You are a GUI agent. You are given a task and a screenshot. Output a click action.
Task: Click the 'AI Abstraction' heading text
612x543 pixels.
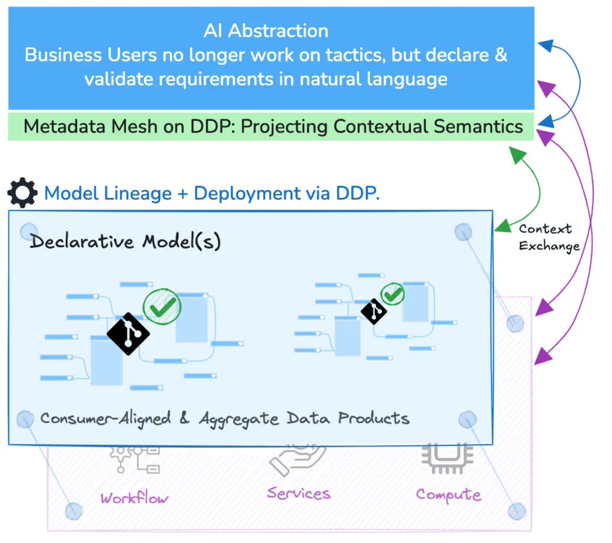coord(266,30)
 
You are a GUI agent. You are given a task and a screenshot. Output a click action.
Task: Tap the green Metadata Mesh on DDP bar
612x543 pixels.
coord(271,126)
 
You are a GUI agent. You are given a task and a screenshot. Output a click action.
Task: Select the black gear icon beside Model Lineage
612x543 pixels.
coord(22,193)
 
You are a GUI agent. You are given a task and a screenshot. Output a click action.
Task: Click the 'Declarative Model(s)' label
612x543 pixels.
coord(125,242)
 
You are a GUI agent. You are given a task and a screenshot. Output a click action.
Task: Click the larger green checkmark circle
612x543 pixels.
coord(162,306)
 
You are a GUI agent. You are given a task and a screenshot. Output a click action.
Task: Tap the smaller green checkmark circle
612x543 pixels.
coord(392,294)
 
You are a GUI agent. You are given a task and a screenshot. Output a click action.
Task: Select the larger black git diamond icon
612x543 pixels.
coord(129,334)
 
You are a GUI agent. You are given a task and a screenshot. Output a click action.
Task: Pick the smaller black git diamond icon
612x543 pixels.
coord(374,311)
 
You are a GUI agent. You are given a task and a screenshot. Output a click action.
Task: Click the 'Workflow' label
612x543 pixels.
coord(134,498)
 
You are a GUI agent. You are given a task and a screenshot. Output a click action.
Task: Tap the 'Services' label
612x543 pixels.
coord(299,493)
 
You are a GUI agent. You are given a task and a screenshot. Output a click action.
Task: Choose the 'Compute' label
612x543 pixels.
coord(448,495)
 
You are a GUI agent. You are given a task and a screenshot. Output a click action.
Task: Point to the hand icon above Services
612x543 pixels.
coord(296,460)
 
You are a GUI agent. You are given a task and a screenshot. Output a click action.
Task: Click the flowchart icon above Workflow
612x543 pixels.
coord(137,459)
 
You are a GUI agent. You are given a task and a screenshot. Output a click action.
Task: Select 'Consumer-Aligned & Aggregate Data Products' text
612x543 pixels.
coord(224,419)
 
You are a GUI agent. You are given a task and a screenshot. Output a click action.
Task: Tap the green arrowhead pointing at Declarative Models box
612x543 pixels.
coord(502,227)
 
